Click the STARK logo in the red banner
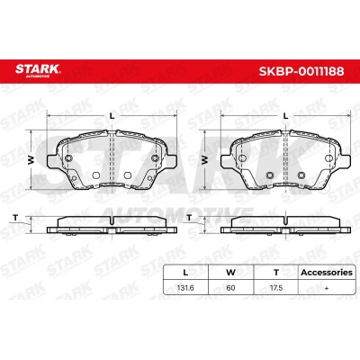click(38, 70)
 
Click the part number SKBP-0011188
click(301, 71)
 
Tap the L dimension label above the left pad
click(112, 116)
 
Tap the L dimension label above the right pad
click(286, 116)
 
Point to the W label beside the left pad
click(31, 160)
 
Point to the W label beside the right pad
click(205, 160)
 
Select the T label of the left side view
click(15, 218)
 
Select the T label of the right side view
click(189, 218)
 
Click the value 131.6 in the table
click(185, 288)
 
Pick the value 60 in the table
click(230, 288)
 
